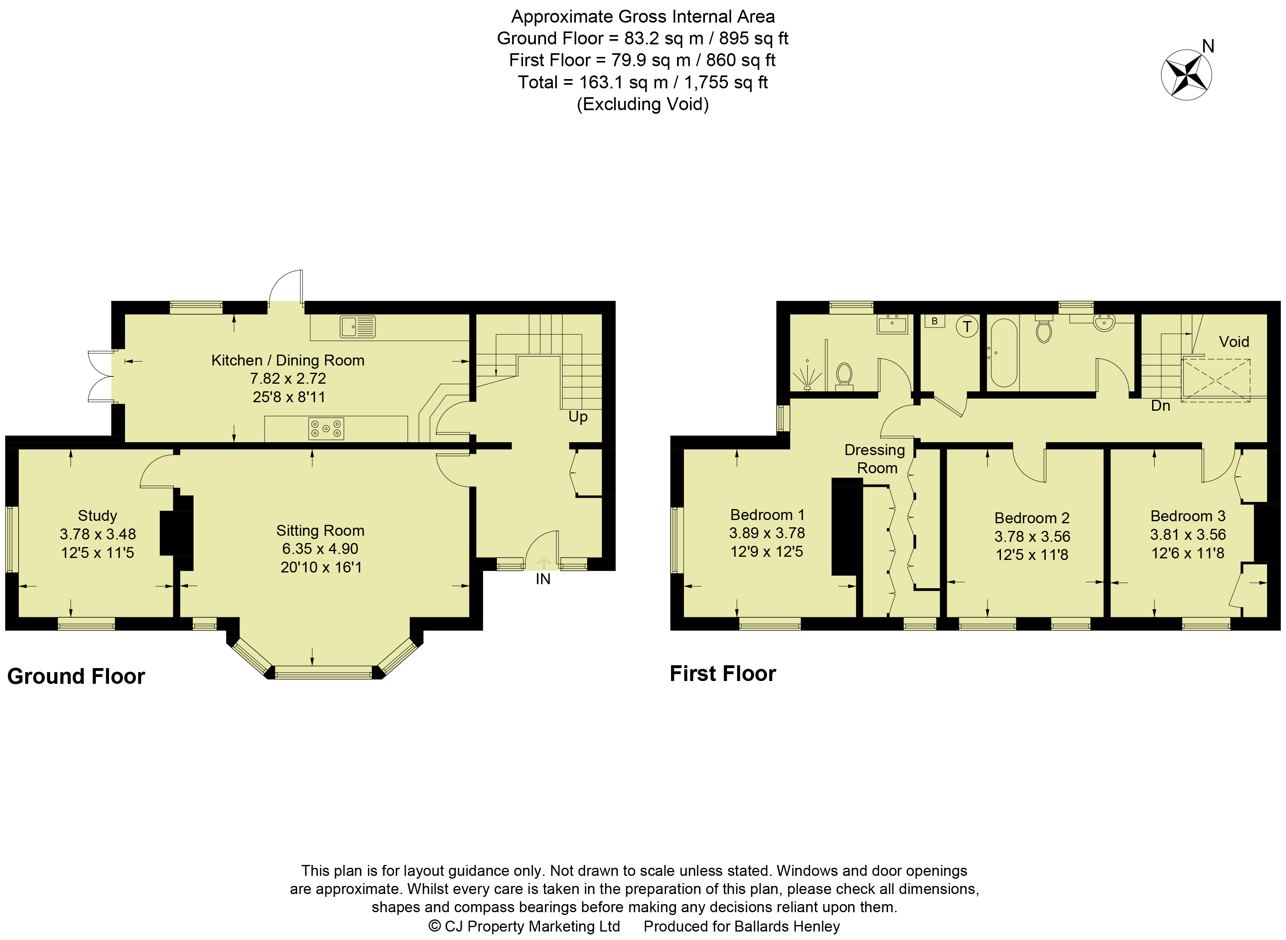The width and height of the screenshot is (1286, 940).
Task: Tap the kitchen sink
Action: pos(358,327)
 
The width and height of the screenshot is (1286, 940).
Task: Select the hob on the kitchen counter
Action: pos(326,428)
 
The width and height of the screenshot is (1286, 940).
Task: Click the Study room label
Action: pos(97,516)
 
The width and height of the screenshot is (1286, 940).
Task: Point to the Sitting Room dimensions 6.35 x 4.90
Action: pos(320,549)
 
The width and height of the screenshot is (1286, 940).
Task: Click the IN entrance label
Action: pos(543,579)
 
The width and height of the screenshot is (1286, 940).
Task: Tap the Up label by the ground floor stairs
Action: pos(578,417)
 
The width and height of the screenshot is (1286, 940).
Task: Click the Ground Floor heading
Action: pos(76,677)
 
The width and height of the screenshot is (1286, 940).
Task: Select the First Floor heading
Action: pos(723,674)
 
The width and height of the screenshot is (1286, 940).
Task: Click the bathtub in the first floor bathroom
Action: pos(1004,353)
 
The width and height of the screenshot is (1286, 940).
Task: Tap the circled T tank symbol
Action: pos(967,327)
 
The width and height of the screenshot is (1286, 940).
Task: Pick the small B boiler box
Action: pos(934,322)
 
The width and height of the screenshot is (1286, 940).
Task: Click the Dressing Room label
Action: pos(875,459)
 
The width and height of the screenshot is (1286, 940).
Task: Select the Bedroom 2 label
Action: pos(1032,518)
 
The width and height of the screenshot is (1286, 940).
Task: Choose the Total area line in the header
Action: pos(643,83)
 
